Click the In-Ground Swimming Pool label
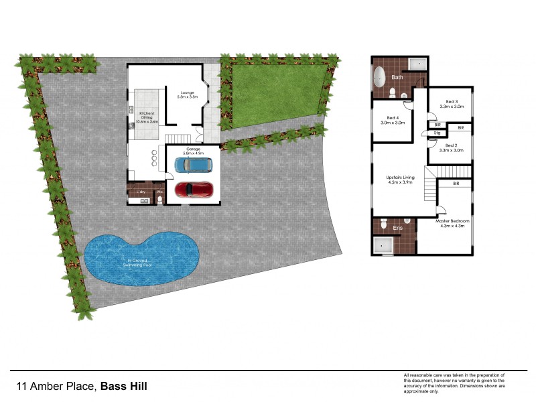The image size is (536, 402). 139,263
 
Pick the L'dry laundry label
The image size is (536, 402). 141,192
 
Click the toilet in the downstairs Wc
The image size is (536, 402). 159,199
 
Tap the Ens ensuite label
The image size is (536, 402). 398,228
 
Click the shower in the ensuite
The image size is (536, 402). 384,245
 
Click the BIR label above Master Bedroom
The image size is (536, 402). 456,183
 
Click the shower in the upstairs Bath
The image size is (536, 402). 418,64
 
